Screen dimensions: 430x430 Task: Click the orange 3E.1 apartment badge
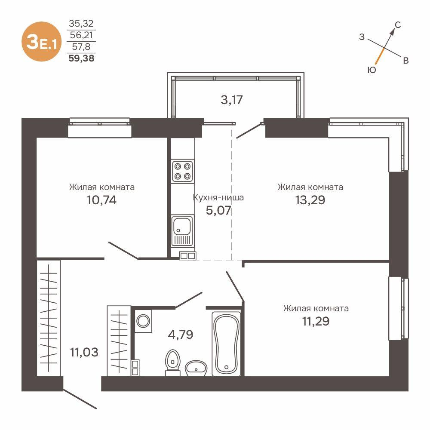tap(41, 41)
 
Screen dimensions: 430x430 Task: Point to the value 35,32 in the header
tap(81, 23)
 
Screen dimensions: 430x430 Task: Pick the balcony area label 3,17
tap(232, 100)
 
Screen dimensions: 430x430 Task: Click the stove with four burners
tap(182, 170)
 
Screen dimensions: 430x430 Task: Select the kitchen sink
tap(182, 231)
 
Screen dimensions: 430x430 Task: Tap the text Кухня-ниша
tap(218, 198)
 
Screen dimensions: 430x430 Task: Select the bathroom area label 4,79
tap(180, 334)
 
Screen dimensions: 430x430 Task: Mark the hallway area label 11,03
tap(84, 353)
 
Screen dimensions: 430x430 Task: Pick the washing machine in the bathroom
tap(143, 321)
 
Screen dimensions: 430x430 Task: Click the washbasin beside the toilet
tap(197, 368)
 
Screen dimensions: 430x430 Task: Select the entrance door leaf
tap(80, 399)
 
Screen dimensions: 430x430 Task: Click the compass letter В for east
tap(405, 61)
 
